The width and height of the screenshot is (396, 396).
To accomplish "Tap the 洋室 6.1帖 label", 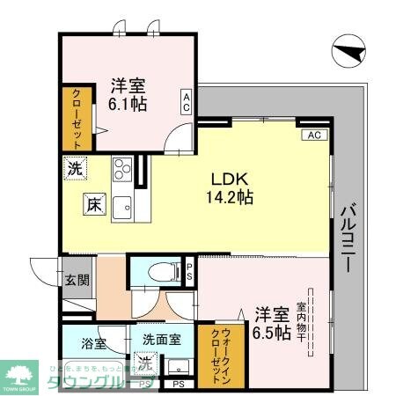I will tap(128, 94).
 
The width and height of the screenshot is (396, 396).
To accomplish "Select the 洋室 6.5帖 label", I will tap(272, 323).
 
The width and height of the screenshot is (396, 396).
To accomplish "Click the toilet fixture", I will tap(158, 272).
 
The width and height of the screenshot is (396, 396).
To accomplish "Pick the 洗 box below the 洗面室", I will tap(143, 363).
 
